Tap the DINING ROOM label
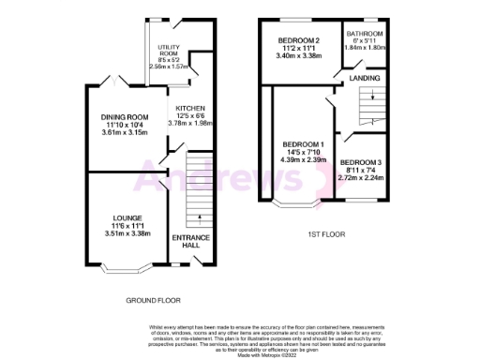point(125,117)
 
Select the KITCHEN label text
point(189,109)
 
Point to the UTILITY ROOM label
point(168,49)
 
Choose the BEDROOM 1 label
point(302,143)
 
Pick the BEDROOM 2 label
point(298,40)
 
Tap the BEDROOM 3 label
point(361,161)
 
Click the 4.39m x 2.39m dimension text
point(302,160)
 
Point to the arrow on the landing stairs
point(373,94)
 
